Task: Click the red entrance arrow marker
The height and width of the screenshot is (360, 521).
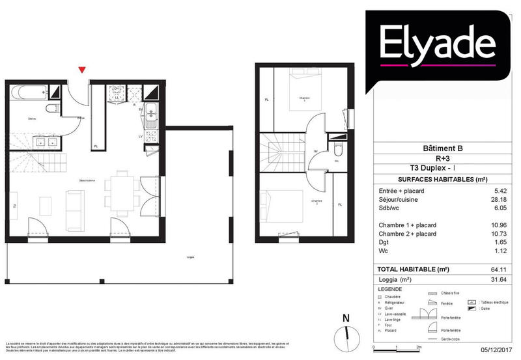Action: click(81, 70)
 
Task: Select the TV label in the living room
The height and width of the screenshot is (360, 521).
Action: click(14, 206)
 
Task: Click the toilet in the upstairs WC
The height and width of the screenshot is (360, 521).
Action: click(336, 150)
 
